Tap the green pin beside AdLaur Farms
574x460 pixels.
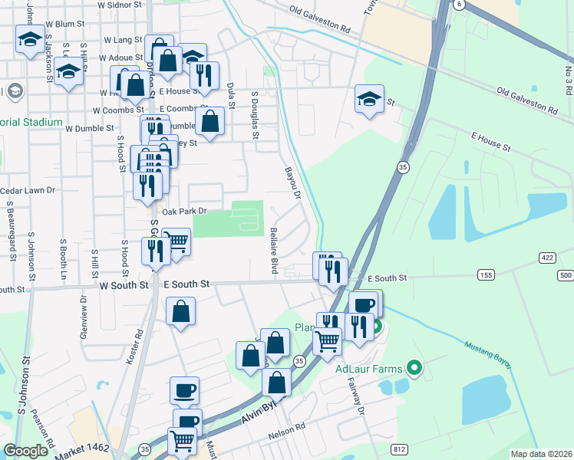(x=414, y=369)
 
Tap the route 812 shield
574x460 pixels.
(x=399, y=449)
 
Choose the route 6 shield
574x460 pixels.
(x=459, y=5)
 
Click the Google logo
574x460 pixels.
(x=26, y=451)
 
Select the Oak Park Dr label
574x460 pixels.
(x=184, y=211)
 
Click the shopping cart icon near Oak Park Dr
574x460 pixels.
(x=177, y=242)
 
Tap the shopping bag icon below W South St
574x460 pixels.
(x=181, y=311)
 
